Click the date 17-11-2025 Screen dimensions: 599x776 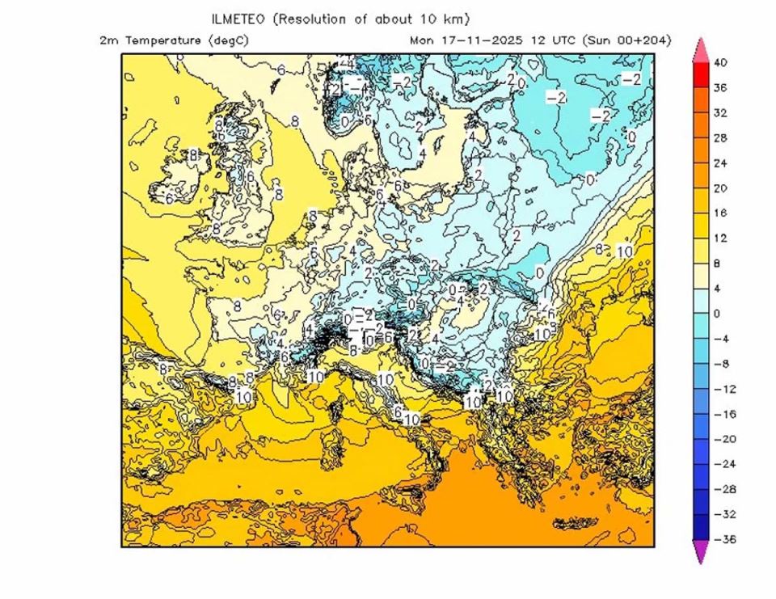481,40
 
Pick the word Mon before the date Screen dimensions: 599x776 422,40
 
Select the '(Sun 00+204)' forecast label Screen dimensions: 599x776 629,40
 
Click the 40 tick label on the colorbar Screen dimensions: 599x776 720,63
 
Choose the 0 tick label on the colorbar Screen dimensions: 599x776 716,314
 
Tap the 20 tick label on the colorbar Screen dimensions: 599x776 720,188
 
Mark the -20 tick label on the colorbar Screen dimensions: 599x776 722,439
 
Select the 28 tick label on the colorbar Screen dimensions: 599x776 720,138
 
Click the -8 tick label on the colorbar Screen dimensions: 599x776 719,364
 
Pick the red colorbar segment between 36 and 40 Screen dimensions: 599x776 700,76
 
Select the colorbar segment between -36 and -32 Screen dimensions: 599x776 700,526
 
